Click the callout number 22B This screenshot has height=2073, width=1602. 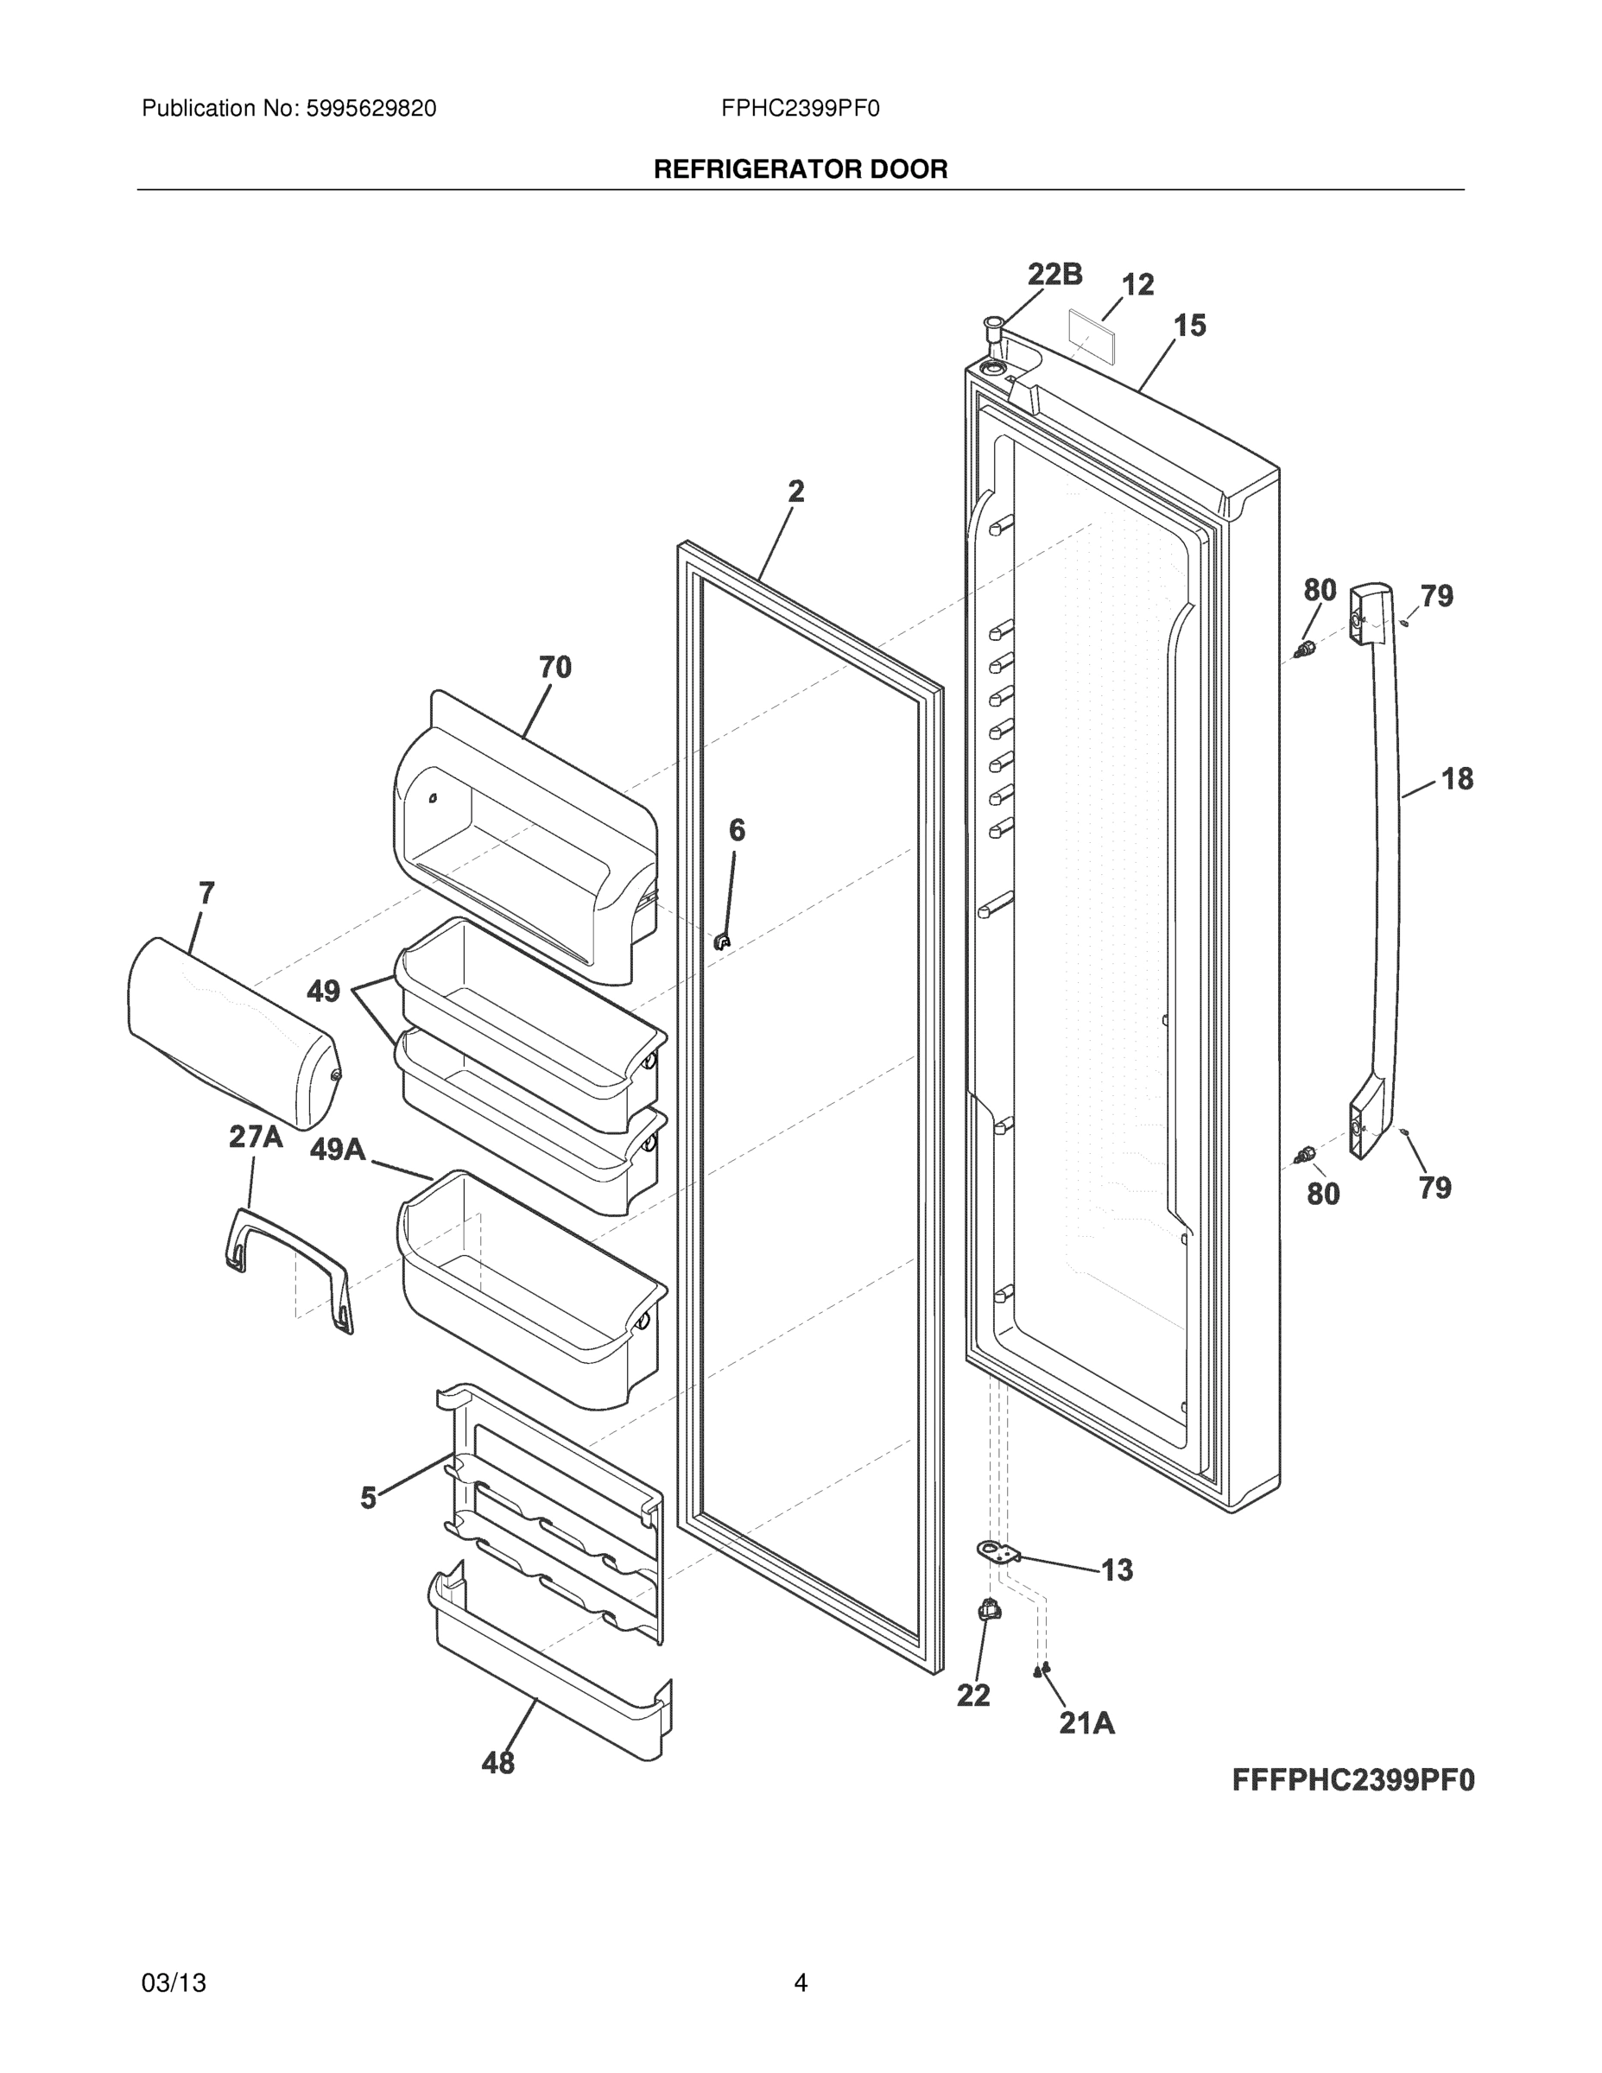(1054, 275)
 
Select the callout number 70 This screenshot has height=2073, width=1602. (555, 668)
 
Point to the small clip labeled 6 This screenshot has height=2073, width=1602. (722, 941)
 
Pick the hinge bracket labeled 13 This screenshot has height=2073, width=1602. (997, 1552)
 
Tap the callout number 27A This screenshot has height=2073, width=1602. (256, 1137)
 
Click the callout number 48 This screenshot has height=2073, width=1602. (498, 1763)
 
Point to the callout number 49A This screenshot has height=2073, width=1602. (338, 1150)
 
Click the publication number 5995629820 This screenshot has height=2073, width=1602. (370, 109)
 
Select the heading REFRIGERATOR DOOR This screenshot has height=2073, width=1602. (800, 170)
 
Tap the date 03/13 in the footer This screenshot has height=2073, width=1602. (174, 1983)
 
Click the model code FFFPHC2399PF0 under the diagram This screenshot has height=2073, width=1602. (1353, 1779)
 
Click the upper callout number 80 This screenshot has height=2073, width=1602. (1320, 591)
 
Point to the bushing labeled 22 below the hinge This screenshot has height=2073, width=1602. (988, 1609)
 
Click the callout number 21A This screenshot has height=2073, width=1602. (1086, 1723)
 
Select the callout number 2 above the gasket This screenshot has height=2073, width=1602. (796, 491)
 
